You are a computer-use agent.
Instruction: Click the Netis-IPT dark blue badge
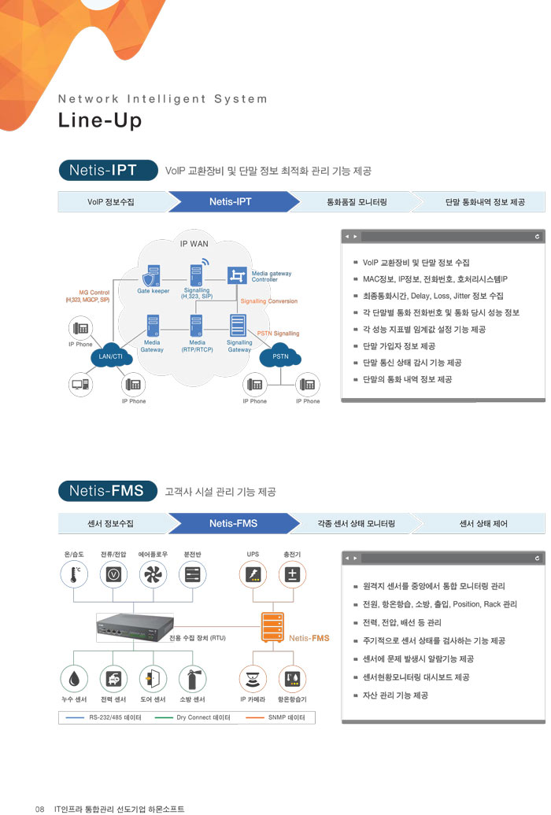click(103, 171)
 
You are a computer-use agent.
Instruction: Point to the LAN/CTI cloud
click(110, 356)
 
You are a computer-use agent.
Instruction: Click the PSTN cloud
click(280, 356)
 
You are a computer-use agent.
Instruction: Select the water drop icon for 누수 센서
click(74, 679)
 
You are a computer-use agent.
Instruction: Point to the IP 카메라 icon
click(253, 679)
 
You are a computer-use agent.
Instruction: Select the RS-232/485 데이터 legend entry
click(103, 717)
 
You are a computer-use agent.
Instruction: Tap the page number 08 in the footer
click(39, 808)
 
